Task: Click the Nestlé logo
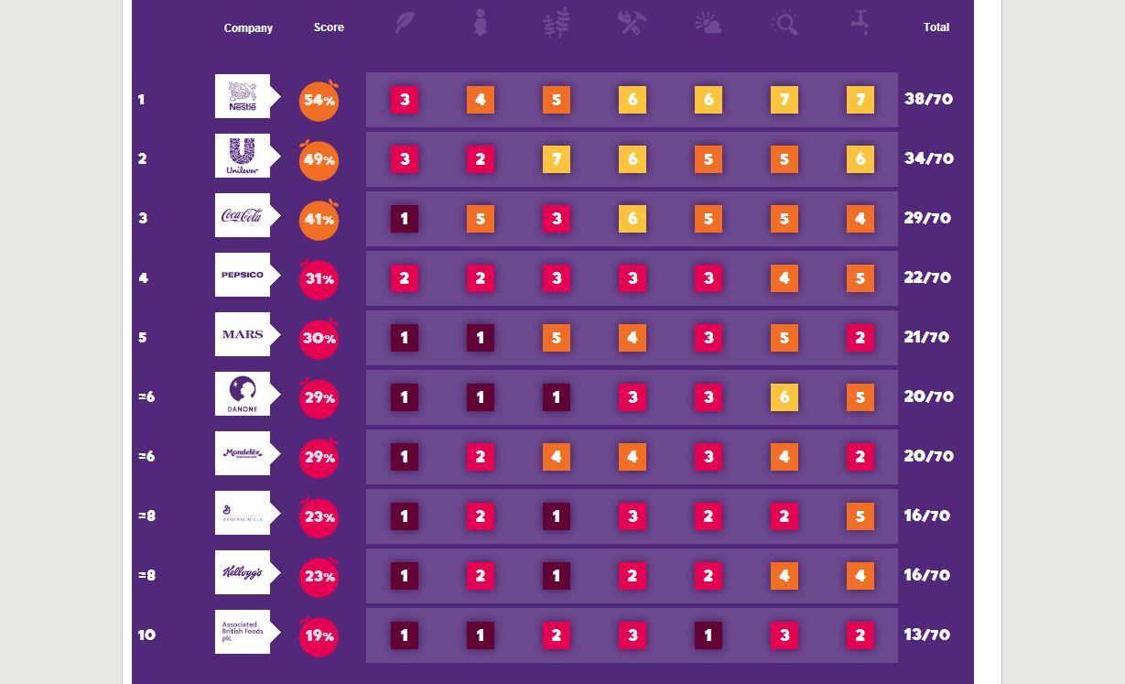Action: tap(243, 96)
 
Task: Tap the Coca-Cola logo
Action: tap(243, 215)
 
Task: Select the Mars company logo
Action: tap(243, 334)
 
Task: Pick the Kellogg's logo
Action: tap(243, 572)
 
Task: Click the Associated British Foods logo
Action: tap(243, 632)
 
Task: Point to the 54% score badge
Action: tap(319, 101)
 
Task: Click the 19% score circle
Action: tap(319, 636)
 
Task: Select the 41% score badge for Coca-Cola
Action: tap(319, 220)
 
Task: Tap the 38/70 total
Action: tap(928, 100)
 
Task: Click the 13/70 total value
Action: tap(926, 635)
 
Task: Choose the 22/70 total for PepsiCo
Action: tap(926, 278)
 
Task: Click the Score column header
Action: tap(329, 27)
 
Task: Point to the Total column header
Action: tap(936, 27)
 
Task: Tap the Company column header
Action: tap(248, 28)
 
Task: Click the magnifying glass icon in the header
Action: tap(784, 23)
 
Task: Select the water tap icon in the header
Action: tap(860, 23)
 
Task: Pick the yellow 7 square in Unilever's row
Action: tap(557, 159)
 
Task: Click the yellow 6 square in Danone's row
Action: tap(784, 397)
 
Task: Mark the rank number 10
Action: tap(146, 635)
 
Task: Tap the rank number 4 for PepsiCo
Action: tap(143, 278)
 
